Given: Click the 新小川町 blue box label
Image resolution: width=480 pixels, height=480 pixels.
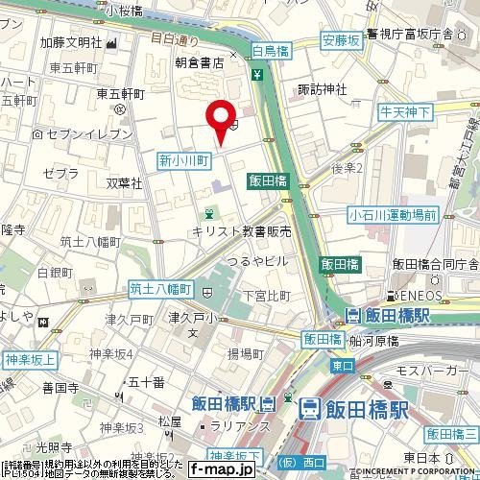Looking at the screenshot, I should point(183,160).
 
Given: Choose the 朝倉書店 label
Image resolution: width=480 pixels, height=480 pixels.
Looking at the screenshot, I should point(200,61).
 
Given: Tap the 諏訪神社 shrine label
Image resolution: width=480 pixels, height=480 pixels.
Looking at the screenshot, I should point(322,90).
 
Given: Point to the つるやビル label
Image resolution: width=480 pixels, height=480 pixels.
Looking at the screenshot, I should point(257,260).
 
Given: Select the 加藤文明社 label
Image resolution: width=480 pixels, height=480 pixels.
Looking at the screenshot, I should point(70,42).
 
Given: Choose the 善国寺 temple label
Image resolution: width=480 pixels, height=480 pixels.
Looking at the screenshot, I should point(60,388).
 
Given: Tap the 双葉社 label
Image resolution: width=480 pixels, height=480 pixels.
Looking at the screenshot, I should point(125,181).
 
